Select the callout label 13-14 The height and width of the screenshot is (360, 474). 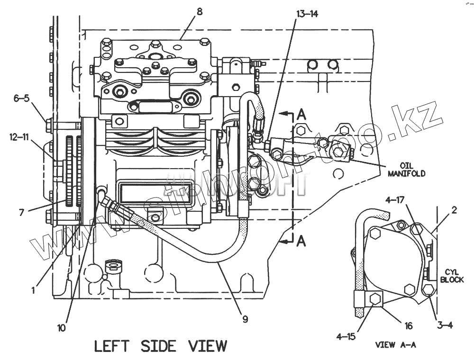[x=307, y=14]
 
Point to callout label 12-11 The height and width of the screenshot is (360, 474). [x=19, y=137]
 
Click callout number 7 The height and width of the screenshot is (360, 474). [x=21, y=213]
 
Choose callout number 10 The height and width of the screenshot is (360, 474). [x=62, y=327]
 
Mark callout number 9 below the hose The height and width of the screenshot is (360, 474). [x=245, y=319]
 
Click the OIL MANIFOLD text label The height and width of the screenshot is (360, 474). [x=406, y=170]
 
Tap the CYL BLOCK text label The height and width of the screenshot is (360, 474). [x=458, y=276]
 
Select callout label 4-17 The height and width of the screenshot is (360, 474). [x=395, y=201]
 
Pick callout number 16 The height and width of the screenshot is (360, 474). [x=409, y=325]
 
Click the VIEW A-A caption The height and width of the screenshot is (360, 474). [x=395, y=345]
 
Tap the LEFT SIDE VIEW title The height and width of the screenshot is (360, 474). [x=161, y=346]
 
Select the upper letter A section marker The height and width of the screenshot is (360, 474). [x=301, y=114]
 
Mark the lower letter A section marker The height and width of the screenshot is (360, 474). [x=301, y=242]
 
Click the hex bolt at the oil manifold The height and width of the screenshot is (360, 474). [x=338, y=152]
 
